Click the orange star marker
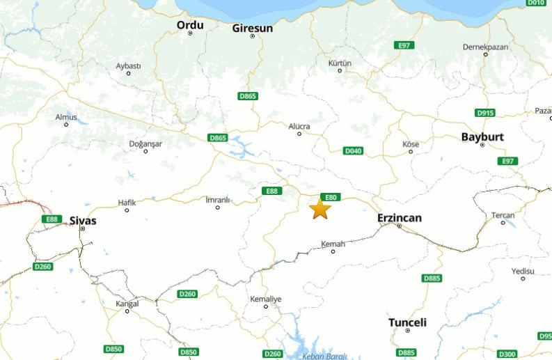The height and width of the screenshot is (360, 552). [320, 208]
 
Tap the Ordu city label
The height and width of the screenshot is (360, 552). [190, 25]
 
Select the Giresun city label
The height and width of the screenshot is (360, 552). [252, 29]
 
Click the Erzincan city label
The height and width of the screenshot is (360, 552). [399, 218]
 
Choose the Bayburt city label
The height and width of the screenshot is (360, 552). [482, 137]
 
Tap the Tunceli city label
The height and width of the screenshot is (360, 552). [407, 322]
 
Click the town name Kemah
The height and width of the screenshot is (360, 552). [333, 244]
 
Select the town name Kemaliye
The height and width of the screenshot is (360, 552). [266, 299]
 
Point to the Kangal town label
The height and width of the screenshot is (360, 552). [127, 304]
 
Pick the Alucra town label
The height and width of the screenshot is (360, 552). [299, 126]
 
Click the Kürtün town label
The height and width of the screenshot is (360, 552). [340, 63]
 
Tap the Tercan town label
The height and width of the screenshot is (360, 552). [503, 215]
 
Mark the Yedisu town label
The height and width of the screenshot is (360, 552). [523, 271]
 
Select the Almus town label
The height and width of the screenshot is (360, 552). [66, 116]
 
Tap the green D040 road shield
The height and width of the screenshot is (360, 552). [354, 150]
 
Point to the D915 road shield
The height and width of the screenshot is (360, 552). [485, 113]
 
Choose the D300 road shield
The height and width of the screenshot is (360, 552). [507, 353]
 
